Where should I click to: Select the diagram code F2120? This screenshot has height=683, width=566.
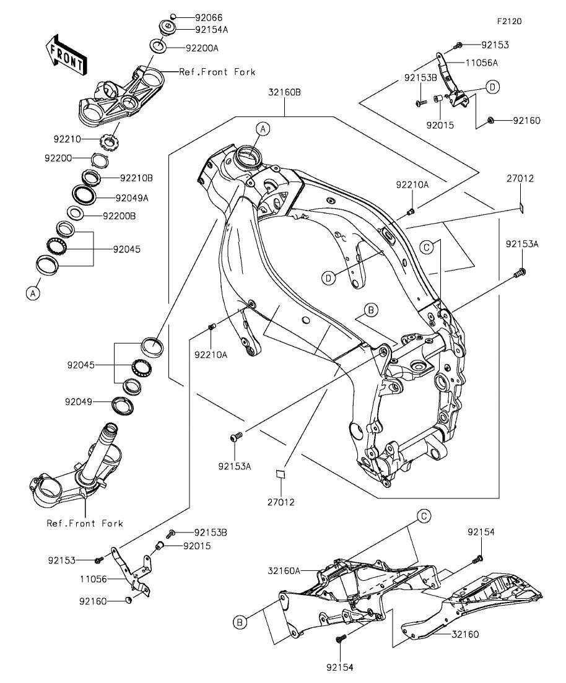(508, 21)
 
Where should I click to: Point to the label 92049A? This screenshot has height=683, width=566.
(132, 198)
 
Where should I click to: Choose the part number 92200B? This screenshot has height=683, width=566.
(119, 216)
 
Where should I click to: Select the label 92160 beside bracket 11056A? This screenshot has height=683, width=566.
(526, 120)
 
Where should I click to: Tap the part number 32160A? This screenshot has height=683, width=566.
(284, 570)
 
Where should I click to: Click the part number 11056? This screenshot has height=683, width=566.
(94, 580)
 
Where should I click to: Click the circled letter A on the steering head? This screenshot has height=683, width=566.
(263, 129)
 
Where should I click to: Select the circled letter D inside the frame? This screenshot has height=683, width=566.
(328, 279)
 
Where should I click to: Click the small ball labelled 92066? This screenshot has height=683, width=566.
(174, 17)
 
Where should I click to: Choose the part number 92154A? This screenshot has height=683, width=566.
(211, 29)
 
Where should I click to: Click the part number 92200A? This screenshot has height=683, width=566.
(202, 47)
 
